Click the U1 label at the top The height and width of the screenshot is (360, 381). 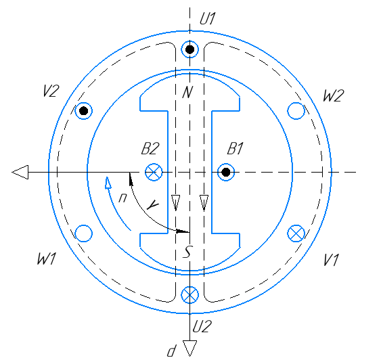(x=207, y=19)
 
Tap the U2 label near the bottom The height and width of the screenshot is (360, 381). (x=202, y=326)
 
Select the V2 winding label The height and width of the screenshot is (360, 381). (x=51, y=91)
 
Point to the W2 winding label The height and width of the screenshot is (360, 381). (x=334, y=95)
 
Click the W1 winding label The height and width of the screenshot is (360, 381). (x=47, y=258)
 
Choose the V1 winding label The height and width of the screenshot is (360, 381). (x=331, y=260)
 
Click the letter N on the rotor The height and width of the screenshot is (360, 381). (x=187, y=92)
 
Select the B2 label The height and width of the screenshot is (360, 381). (x=150, y=148)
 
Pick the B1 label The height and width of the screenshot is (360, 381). (x=235, y=148)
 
